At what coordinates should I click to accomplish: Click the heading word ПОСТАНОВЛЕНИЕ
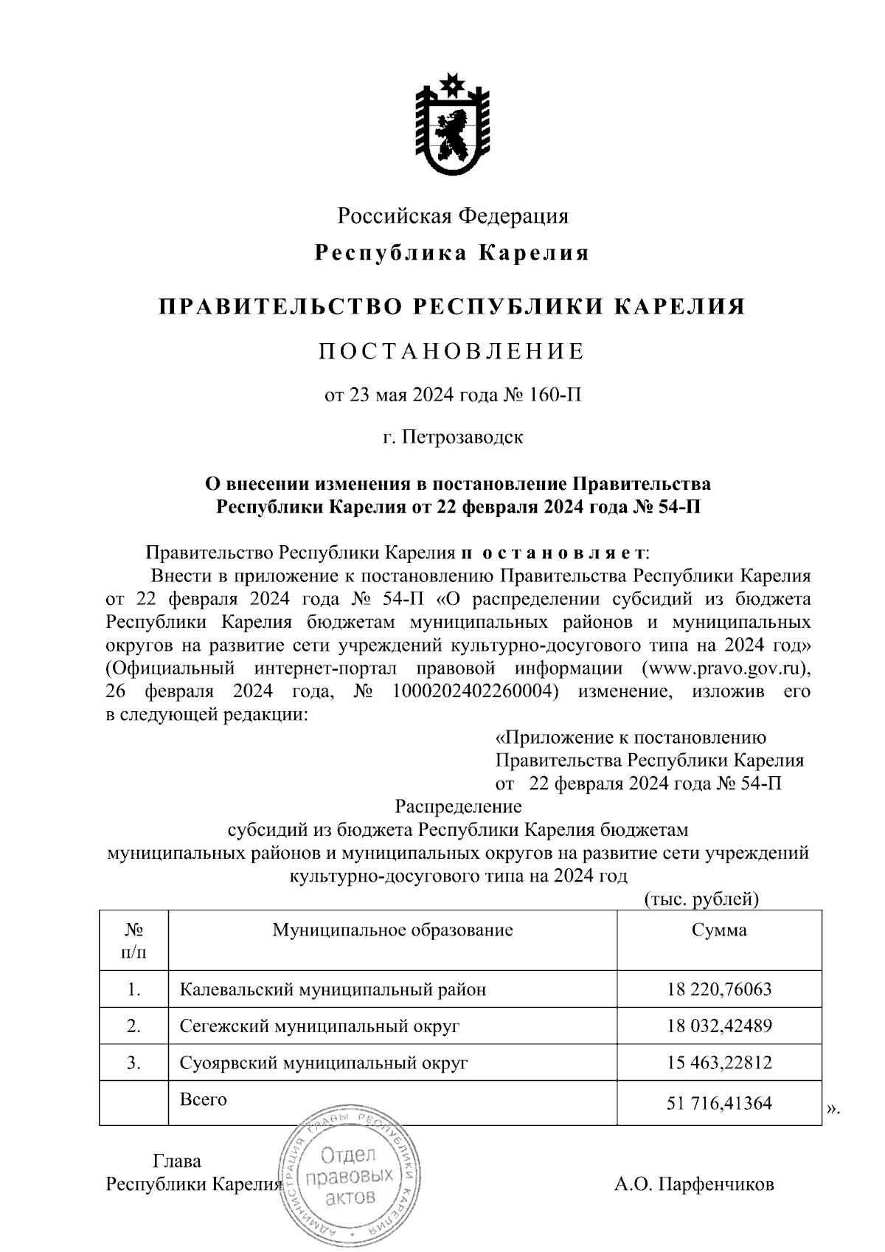tap(451, 351)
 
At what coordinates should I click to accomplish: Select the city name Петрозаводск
tap(463, 437)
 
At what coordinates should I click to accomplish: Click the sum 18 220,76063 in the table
tap(719, 989)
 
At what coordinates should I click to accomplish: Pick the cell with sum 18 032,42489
tap(719, 1026)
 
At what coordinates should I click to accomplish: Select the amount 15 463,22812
tap(719, 1062)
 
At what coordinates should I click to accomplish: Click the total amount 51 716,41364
tap(719, 1104)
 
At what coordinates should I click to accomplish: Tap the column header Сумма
tap(719, 930)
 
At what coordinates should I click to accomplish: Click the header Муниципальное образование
tap(392, 930)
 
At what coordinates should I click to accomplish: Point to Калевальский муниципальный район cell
tap(333, 989)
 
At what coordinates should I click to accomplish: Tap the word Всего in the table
tap(204, 1099)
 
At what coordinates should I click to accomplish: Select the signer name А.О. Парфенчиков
tap(694, 1185)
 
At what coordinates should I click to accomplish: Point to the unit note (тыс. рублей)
tap(701, 899)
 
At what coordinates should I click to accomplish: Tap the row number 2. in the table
tap(133, 1026)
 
